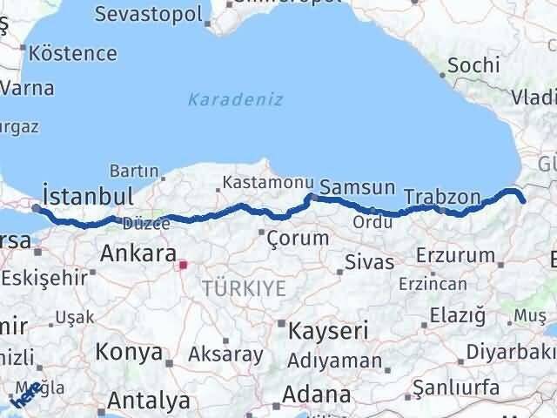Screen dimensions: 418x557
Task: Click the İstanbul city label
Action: click(88, 194)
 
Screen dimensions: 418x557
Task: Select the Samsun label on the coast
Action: click(357, 187)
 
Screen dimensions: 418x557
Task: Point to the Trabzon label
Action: click(442, 198)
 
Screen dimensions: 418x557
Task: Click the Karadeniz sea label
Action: click(235, 99)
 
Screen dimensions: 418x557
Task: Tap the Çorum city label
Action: click(298, 238)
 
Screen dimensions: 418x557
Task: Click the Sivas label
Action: click(369, 261)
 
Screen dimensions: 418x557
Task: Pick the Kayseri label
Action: click(328, 331)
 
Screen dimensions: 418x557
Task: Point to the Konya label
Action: click(129, 352)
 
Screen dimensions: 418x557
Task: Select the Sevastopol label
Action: click(148, 14)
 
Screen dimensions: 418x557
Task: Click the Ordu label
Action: click(372, 222)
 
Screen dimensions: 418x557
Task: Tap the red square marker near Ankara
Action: click(183, 265)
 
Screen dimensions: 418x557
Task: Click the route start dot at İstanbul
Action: click(36, 208)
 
